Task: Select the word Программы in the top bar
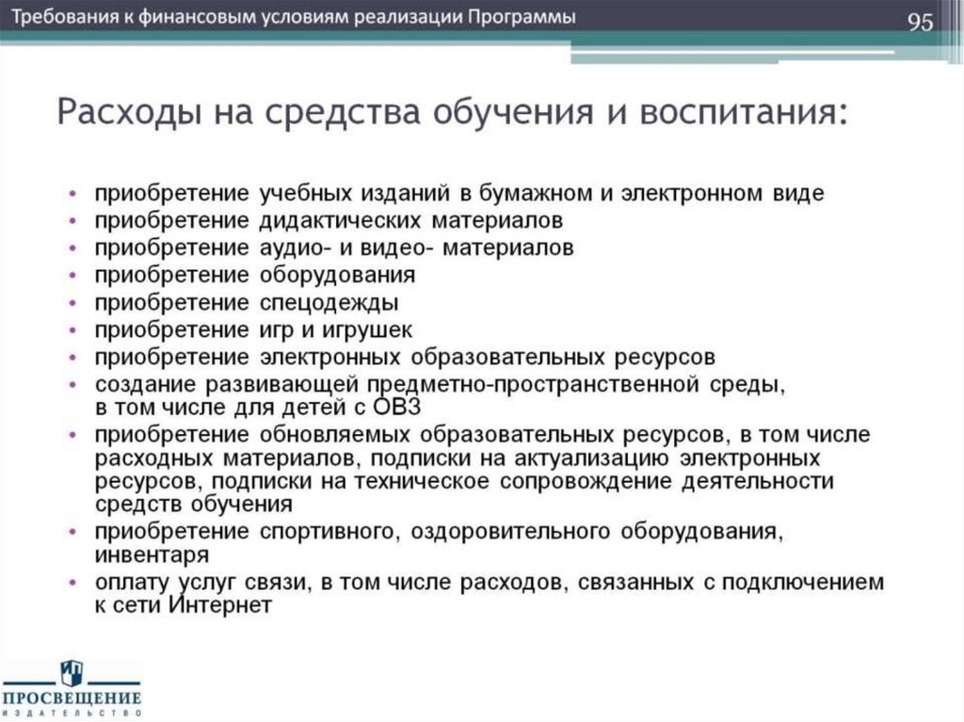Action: point(523,19)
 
